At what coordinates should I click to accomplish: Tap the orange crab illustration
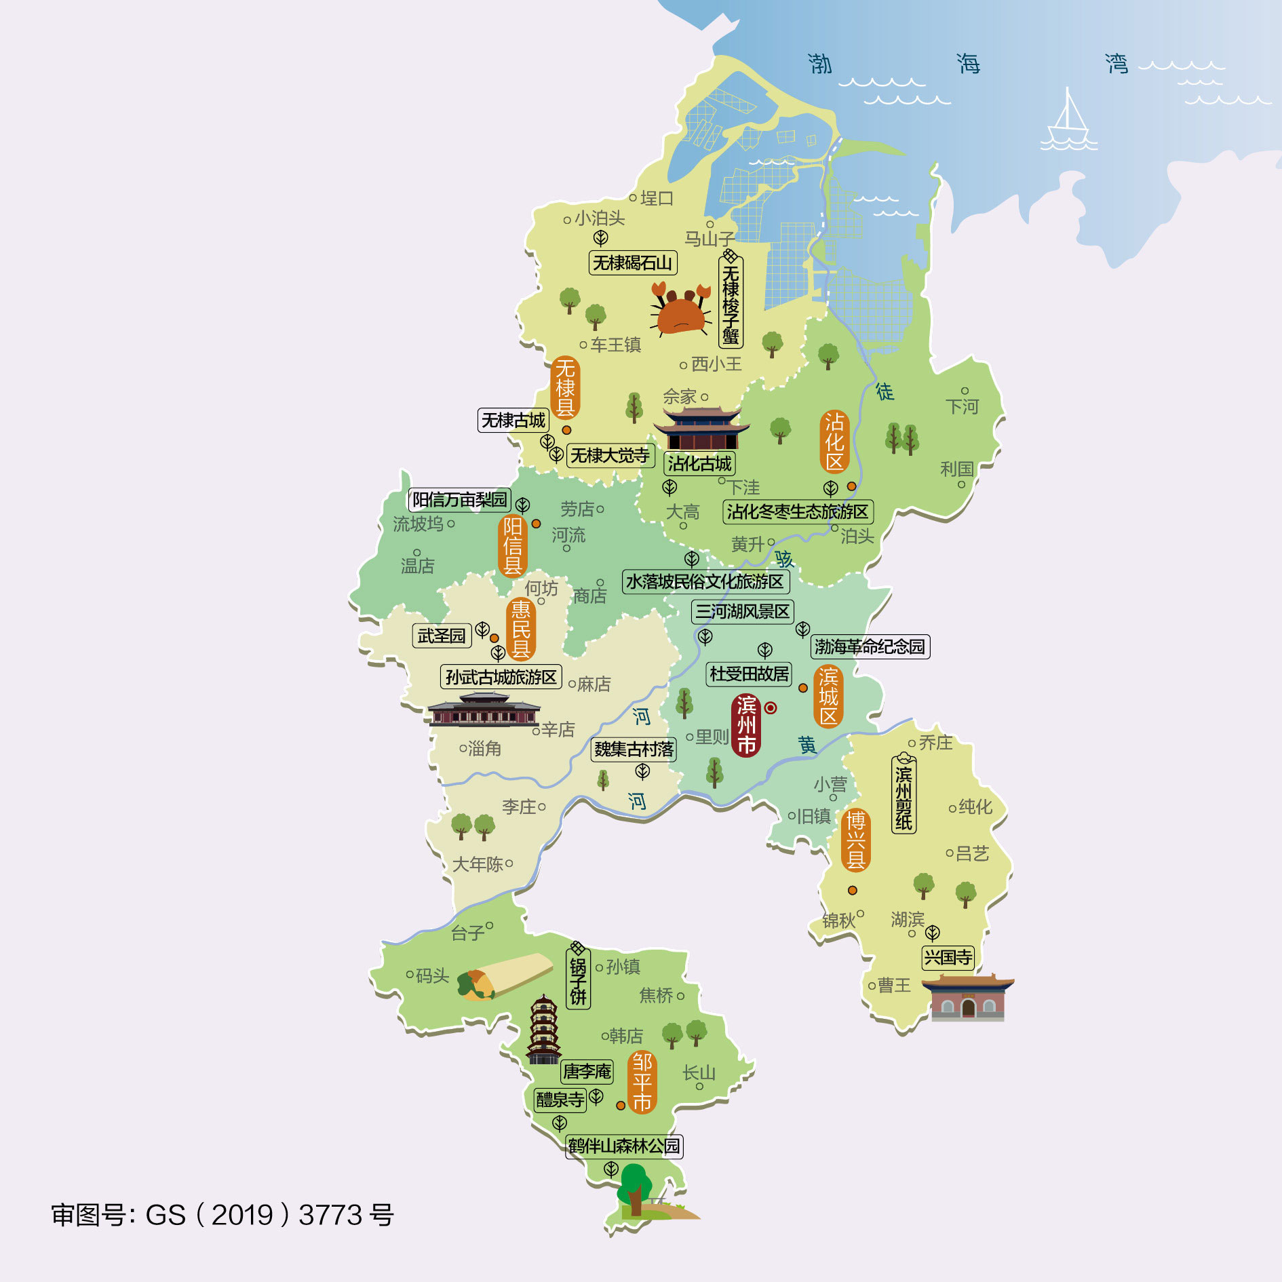point(680,310)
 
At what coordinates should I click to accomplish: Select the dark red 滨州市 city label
point(746,725)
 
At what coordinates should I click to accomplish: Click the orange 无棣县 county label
point(565,388)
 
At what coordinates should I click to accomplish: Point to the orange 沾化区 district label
point(834,442)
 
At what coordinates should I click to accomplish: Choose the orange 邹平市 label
point(642,1082)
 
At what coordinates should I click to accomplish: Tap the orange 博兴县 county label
point(855,840)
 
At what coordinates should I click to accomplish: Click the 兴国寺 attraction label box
point(948,957)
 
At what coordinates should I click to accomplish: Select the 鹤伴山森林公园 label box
point(624,1146)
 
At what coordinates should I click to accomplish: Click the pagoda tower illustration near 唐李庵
point(543,1030)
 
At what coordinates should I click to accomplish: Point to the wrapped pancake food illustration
point(505,977)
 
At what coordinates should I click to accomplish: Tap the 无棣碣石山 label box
point(632,263)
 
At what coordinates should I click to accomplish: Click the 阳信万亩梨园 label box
point(460,500)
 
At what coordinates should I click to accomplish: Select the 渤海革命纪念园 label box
point(870,646)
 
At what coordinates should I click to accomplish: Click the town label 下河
point(962,406)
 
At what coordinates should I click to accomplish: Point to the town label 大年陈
point(478,864)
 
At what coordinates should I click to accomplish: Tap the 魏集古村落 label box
point(634,749)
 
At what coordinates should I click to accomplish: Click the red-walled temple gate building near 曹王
point(968,998)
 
